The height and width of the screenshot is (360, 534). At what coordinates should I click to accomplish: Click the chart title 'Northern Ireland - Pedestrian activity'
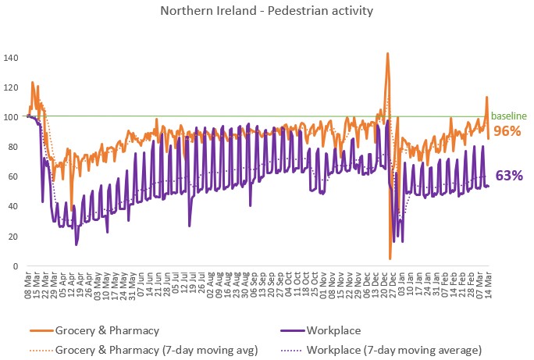[267, 11]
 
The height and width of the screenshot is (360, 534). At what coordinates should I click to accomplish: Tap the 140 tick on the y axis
[11, 58]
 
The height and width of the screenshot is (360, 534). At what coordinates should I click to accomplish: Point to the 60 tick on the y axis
[13, 176]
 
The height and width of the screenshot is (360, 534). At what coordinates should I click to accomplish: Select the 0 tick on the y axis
[16, 266]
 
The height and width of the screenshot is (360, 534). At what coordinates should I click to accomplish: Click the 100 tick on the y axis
[11, 117]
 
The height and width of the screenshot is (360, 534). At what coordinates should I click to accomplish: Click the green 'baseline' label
[509, 116]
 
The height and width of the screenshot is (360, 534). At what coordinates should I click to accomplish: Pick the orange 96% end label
[507, 131]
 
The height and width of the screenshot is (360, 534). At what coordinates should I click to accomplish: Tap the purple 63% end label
[509, 176]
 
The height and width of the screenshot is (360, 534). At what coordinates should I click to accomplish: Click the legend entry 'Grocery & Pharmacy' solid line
[94, 330]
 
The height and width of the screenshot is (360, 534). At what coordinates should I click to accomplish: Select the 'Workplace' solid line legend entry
[321, 330]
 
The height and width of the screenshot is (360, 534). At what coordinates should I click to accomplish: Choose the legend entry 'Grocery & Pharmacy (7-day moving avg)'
[144, 350]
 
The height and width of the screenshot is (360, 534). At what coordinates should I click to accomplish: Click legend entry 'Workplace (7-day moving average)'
[382, 350]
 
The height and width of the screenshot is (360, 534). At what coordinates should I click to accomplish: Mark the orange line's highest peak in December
[387, 53]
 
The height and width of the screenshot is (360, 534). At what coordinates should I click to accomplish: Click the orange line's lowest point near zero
[390, 258]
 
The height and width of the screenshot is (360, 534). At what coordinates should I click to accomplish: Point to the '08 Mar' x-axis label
[28, 285]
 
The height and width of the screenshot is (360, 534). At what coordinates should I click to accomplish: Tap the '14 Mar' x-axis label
[489, 285]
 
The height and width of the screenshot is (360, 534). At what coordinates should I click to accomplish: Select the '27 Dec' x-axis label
[393, 285]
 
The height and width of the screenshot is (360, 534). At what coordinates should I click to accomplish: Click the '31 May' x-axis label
[133, 285]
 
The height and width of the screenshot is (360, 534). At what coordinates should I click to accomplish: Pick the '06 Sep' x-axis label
[254, 285]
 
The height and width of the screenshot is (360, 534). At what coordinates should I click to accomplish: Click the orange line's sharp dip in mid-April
[72, 210]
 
